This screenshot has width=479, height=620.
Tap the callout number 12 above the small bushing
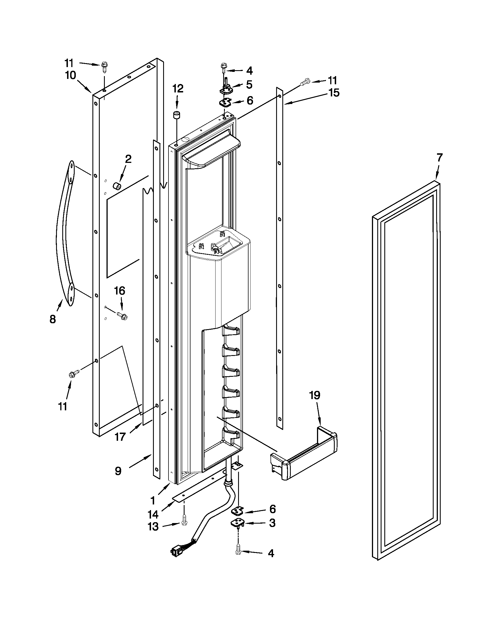[178, 88]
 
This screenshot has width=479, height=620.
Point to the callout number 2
[128, 159]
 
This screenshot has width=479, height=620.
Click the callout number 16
[119, 291]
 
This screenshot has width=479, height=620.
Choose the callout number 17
[120, 437]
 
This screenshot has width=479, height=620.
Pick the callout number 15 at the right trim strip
[334, 92]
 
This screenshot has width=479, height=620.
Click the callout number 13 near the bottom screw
[153, 527]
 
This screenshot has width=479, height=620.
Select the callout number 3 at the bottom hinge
[272, 522]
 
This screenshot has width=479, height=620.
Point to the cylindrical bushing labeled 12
[177, 116]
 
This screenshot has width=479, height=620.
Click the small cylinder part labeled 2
[117, 187]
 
